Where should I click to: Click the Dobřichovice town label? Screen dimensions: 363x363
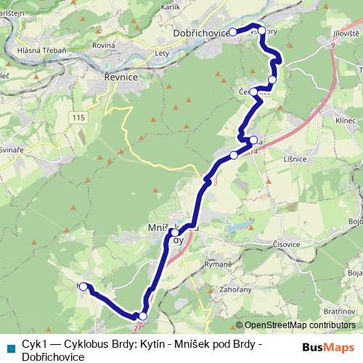pos(200,33)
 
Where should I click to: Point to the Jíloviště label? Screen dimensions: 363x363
pos(342,33)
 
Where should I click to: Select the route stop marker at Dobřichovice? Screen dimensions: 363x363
pos(233,32)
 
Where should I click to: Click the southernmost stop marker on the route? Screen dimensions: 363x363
pos(142,316)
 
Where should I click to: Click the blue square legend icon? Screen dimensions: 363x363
pos(10,346)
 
